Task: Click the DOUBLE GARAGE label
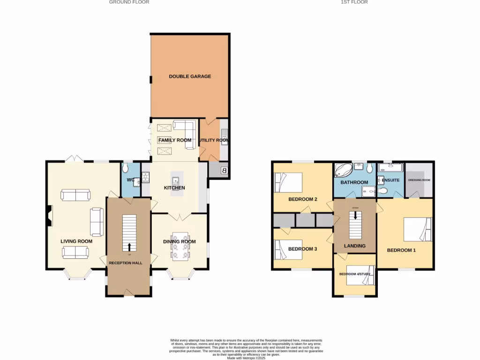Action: [190, 76]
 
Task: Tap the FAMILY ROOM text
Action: [174, 140]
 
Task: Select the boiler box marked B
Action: [224, 171]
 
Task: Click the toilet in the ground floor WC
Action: [125, 168]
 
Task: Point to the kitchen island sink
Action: [175, 180]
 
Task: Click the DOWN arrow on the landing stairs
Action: [355, 215]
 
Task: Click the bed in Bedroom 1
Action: [418, 229]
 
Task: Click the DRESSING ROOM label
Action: [419, 180]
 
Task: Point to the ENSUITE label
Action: [390, 180]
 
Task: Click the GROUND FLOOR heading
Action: [129, 2]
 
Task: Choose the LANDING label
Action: [354, 246]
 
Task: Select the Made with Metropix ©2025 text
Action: [246, 358]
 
